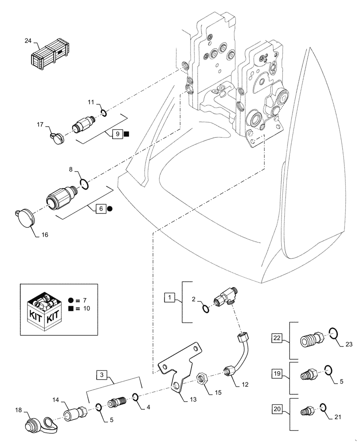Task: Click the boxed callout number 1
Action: pyautogui.click(x=170, y=298)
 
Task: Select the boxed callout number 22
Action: pyautogui.click(x=277, y=339)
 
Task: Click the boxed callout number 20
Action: pyautogui.click(x=277, y=409)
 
